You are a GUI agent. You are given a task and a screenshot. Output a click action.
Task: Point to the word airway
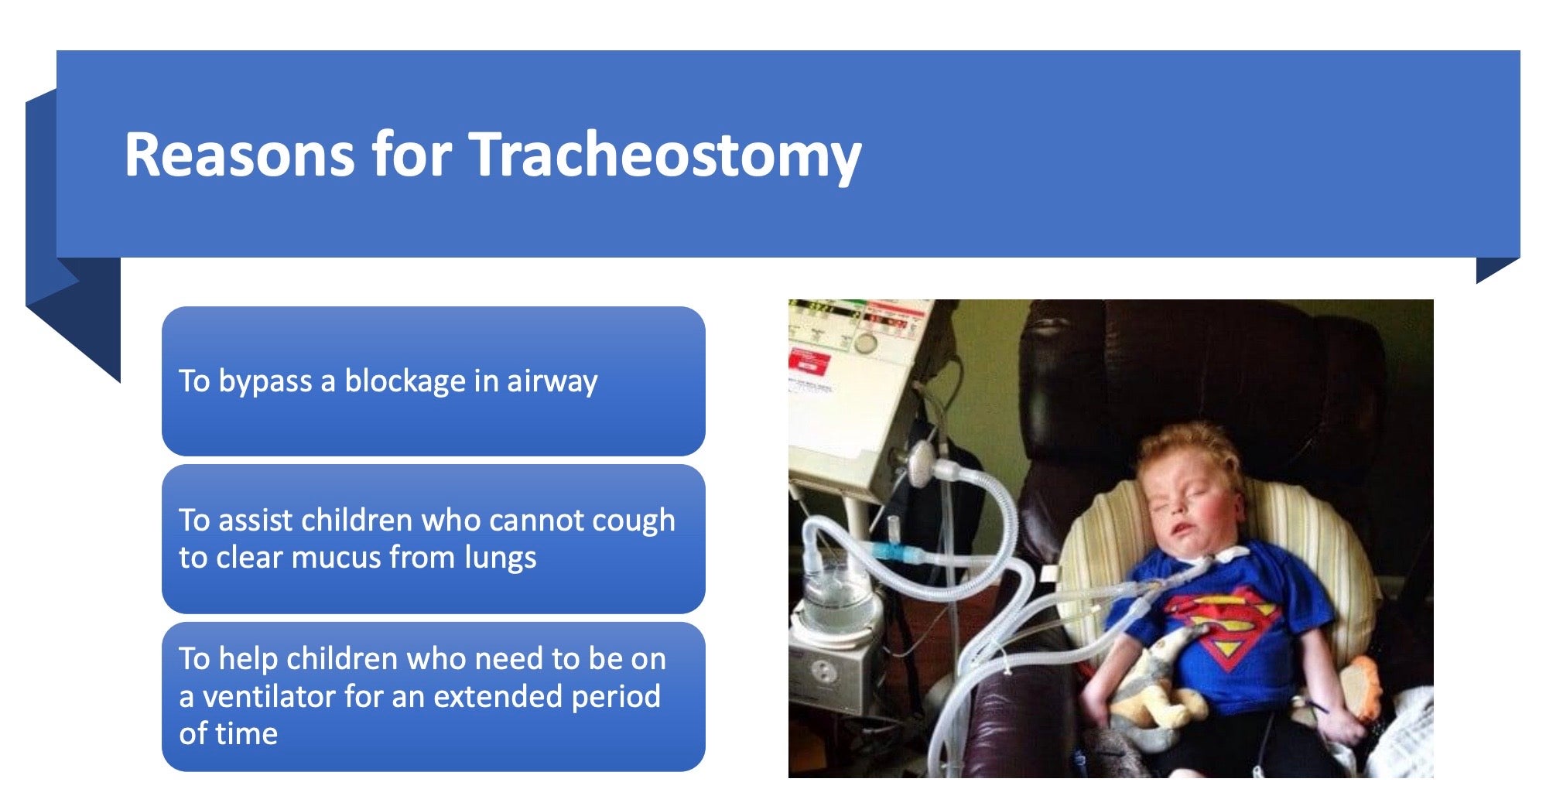click(552, 382)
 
